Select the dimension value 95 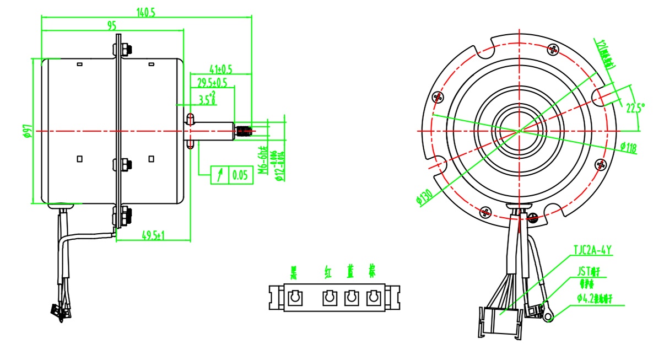click(112, 25)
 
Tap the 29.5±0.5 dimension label click(212, 83)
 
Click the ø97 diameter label click(28, 131)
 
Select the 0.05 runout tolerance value click(240, 175)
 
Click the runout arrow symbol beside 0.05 click(220, 175)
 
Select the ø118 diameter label click(628, 147)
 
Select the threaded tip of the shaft click(244, 131)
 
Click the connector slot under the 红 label click(329, 298)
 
